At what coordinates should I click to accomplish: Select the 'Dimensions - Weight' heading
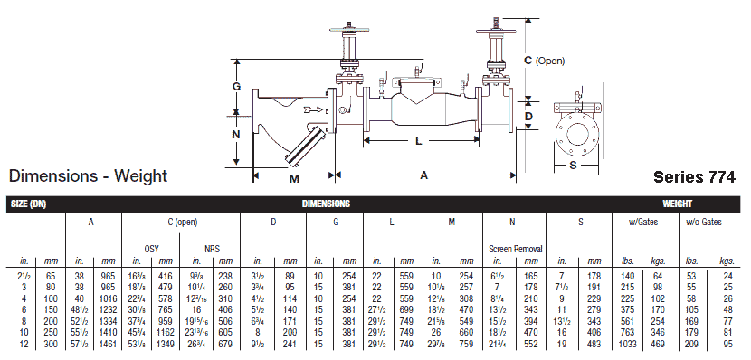88,175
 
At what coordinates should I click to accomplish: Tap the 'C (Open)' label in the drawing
545,61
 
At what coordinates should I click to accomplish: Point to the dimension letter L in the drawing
418,141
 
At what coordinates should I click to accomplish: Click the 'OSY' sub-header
150,247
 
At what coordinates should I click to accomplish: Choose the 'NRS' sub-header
210,247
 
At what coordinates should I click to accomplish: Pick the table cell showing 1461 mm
109,344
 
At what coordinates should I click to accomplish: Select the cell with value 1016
109,297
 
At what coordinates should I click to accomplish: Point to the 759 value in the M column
466,344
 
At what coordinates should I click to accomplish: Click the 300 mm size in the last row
51,344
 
